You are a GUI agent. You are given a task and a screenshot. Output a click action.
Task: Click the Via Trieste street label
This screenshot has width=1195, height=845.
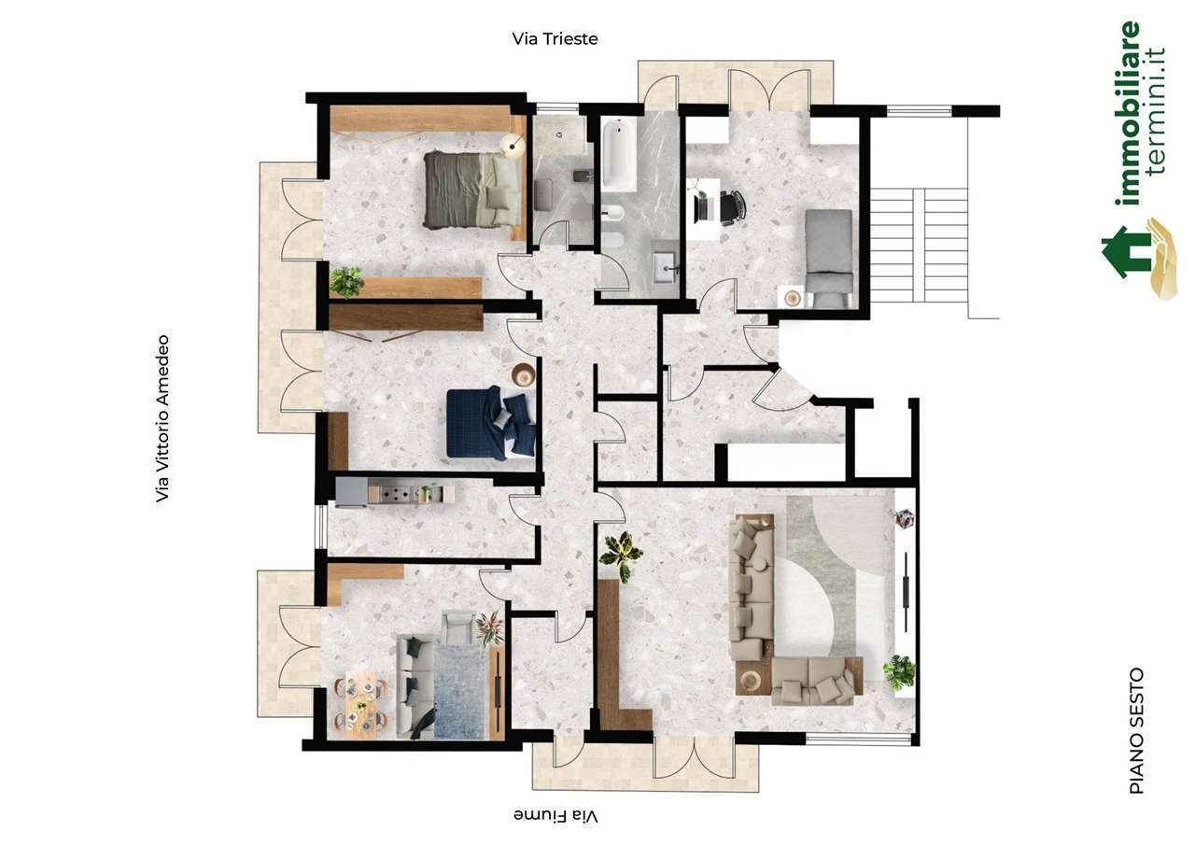click(x=555, y=39)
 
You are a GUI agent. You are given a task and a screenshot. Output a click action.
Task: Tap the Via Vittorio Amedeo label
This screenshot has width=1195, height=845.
click(x=162, y=418)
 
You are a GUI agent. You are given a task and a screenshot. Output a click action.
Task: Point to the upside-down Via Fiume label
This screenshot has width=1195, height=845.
click(x=555, y=816)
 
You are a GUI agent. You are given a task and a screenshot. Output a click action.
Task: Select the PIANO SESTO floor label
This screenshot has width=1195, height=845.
click(x=1137, y=731)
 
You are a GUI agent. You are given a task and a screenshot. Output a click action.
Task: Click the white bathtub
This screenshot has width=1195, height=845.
click(x=619, y=155)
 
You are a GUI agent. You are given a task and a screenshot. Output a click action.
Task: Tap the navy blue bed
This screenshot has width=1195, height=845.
click(x=491, y=423)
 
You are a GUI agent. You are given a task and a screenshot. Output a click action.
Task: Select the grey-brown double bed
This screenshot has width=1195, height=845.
click(x=472, y=190)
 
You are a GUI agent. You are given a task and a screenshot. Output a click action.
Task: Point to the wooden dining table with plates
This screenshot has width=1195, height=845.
click(x=360, y=704)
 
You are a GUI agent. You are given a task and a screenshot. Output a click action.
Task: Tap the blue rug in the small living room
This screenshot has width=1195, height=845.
click(x=461, y=693)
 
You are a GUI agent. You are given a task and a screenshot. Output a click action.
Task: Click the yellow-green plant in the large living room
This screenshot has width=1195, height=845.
click(x=622, y=556)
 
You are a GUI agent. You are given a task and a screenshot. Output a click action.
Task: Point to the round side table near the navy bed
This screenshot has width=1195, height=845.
click(x=524, y=375)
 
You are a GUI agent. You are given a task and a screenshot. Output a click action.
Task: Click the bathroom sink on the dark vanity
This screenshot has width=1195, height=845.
click(x=664, y=268)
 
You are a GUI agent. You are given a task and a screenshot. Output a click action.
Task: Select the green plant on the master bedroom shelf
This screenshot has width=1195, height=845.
click(x=346, y=282)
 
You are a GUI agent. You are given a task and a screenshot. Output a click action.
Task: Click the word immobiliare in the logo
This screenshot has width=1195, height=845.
click(x=1127, y=113)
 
